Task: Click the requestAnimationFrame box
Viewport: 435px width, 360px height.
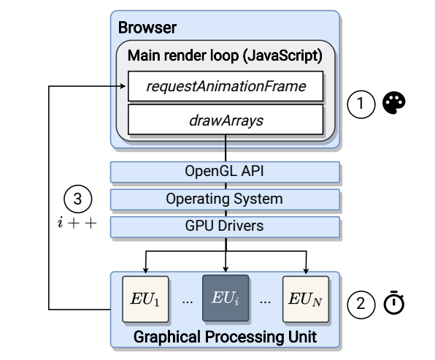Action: pyautogui.click(x=226, y=86)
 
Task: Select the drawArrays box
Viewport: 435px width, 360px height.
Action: pyautogui.click(x=226, y=120)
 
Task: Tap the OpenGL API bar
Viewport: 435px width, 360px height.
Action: pyautogui.click(x=225, y=172)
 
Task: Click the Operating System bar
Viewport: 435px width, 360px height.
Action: pyautogui.click(x=225, y=199)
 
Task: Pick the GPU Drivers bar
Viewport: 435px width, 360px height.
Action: pyautogui.click(x=225, y=227)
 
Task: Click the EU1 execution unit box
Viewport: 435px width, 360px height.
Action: pyautogui.click(x=145, y=299)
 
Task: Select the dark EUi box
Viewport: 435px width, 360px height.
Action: pyautogui.click(x=226, y=298)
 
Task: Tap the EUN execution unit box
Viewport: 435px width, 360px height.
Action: pyautogui.click(x=306, y=299)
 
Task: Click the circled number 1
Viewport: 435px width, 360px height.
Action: pyautogui.click(x=361, y=104)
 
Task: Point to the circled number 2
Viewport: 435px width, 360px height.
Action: pyautogui.click(x=361, y=305)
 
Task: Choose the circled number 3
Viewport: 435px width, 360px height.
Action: pyautogui.click(x=77, y=199)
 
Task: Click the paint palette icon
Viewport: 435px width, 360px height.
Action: pyautogui.click(x=393, y=103)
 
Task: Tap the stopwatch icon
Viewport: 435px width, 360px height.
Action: pyautogui.click(x=393, y=302)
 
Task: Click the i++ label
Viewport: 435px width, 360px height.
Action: pyautogui.click(x=77, y=223)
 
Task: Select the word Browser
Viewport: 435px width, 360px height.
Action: pyautogui.click(x=147, y=28)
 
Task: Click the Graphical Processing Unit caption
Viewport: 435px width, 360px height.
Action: pyautogui.click(x=225, y=337)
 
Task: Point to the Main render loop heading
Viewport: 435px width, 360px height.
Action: pyautogui.click(x=225, y=55)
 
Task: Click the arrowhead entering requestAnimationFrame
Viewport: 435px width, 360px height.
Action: pyautogui.click(x=123, y=86)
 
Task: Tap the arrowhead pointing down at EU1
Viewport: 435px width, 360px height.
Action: pyautogui.click(x=146, y=270)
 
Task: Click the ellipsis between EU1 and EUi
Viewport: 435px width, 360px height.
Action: pyautogui.click(x=188, y=302)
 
